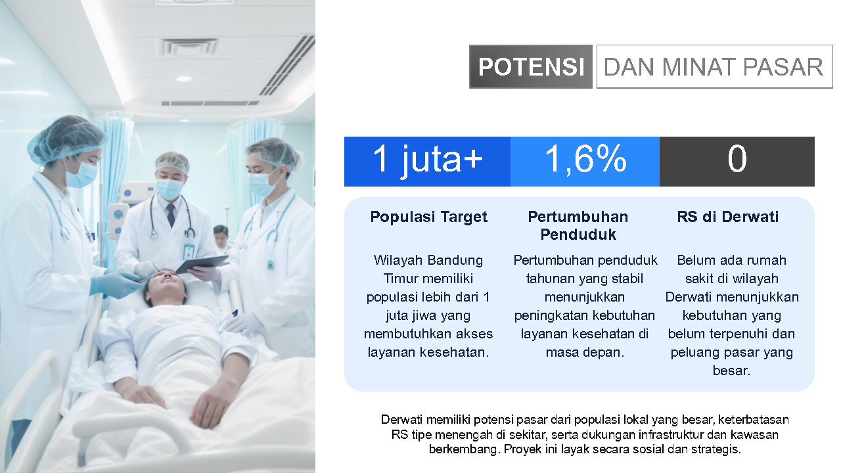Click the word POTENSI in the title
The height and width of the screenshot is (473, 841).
point(531,67)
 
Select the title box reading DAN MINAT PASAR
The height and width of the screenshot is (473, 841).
point(714,67)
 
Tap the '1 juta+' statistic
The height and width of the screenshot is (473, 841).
point(427,160)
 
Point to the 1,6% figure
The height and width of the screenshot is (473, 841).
point(585,159)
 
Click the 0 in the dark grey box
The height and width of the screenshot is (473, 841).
point(737,159)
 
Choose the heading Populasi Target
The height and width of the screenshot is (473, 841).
point(428,217)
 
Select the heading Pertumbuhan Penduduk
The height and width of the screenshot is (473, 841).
point(578,225)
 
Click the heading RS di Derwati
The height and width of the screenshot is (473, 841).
point(727,217)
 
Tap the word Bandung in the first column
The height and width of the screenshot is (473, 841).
point(455,260)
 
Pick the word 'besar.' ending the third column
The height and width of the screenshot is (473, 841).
point(731,371)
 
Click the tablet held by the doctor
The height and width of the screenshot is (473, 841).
point(202,264)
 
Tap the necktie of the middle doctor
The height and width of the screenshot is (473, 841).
point(171,215)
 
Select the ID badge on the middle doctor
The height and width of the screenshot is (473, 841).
point(189,251)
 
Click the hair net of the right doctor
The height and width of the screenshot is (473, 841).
point(274,152)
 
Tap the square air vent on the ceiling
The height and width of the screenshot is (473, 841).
point(189,47)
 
